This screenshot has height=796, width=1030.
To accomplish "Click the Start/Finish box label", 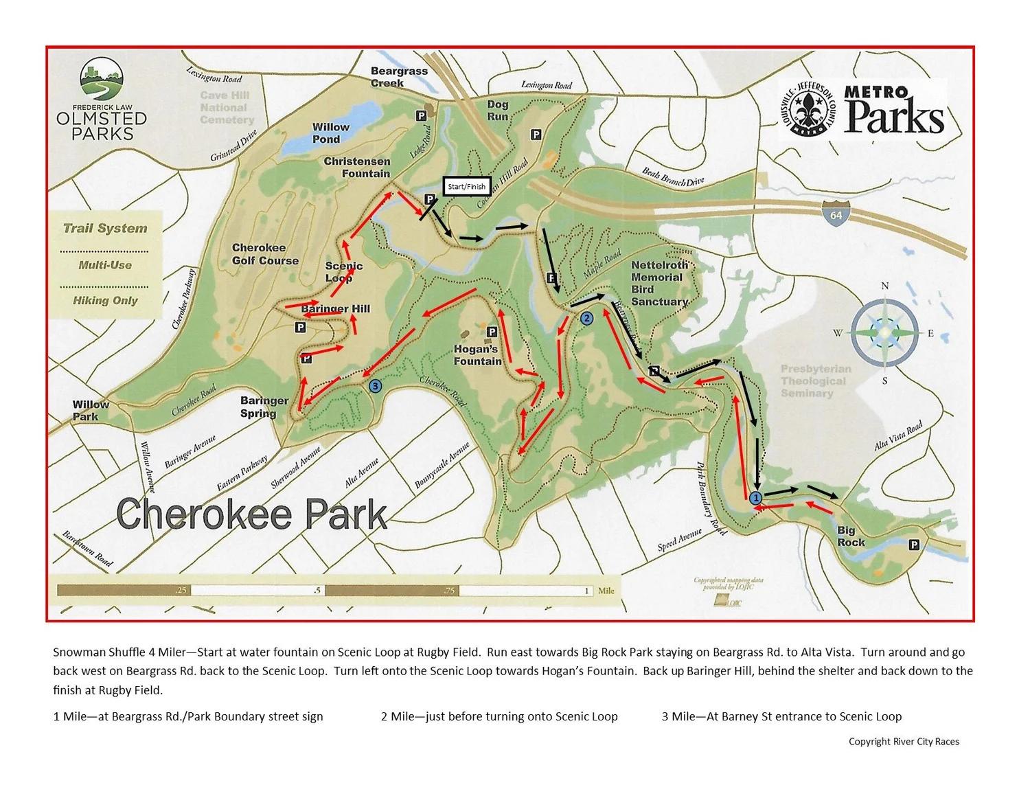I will pos(466,186).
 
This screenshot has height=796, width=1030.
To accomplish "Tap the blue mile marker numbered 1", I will pos(755,498).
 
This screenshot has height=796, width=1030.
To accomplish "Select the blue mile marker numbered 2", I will pos(586,318).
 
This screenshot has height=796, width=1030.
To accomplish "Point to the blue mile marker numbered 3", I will pos(375,386).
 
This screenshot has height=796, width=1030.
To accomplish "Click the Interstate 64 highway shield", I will pos(836,214).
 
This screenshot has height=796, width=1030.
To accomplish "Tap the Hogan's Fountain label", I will pos(477,355).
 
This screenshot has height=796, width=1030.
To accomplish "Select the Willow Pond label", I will pos(330,133).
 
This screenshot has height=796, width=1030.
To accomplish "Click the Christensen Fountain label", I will pos(357,167).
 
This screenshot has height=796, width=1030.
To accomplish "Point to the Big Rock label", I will pos(851,536).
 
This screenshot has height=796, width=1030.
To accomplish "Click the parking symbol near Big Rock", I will pos(913,545).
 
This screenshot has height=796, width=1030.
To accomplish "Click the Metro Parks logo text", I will pos(893,110).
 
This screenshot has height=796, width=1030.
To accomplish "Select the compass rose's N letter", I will pos(884,286).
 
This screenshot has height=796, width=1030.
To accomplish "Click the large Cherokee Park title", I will pos(251,514).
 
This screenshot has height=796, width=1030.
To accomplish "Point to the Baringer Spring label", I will pos(264,407).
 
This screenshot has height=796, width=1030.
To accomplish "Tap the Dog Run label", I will pos(498,111).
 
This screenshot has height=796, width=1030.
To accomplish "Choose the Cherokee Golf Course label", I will pos(265,253).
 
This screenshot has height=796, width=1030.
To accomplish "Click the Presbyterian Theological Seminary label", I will pos(815,380).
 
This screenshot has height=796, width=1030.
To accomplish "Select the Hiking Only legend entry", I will pos(105,300).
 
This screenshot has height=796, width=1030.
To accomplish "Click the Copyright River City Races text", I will pos(904,741).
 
